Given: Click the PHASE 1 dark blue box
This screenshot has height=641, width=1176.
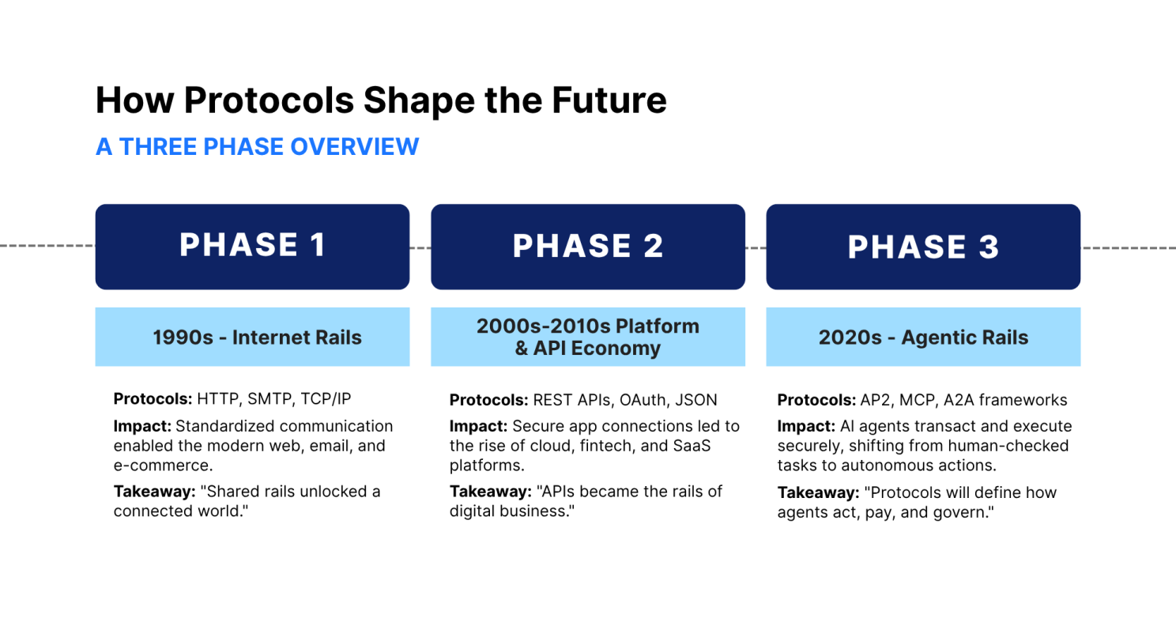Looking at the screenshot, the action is coord(252,247).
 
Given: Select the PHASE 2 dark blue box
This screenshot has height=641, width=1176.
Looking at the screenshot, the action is coord(588,247).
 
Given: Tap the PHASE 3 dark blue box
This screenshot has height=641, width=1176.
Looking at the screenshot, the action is coord(923,247).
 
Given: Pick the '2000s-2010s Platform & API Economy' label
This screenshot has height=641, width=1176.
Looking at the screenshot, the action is coord(588,337).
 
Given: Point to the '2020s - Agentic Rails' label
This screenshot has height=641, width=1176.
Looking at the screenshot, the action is coord(923,337).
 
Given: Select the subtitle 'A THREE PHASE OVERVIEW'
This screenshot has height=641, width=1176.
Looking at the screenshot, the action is coord(258,146).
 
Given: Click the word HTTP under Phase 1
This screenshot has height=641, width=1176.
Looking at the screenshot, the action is coord(218,399).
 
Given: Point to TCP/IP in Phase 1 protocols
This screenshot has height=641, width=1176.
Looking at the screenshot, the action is coord(326,399).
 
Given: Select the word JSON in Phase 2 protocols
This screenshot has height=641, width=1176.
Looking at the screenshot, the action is coord(696,400).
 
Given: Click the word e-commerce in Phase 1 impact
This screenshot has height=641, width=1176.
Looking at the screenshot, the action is coord(163,466).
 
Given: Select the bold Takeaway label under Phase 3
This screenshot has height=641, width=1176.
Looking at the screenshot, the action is coord(818,493).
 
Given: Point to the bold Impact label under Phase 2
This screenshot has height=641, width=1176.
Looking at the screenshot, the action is coord(478,426).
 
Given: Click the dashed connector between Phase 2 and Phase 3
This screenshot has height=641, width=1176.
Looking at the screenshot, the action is coord(756,248).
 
